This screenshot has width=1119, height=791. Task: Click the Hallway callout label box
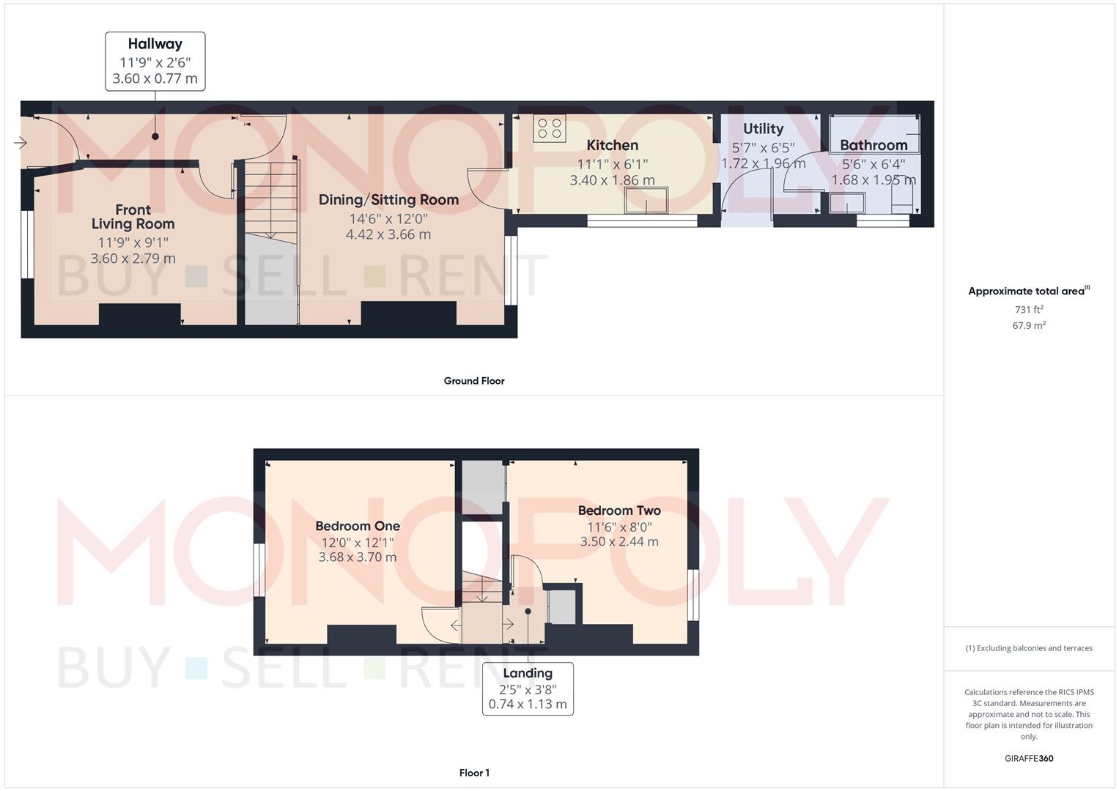click(x=155, y=62)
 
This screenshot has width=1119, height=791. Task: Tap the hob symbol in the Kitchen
click(x=550, y=128)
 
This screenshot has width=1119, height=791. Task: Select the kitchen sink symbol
click(x=646, y=200)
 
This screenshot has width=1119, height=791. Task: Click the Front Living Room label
click(x=133, y=217)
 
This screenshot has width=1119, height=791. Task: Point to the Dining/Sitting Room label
click(x=388, y=200)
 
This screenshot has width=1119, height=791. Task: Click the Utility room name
click(x=764, y=129)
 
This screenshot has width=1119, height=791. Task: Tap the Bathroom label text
click(x=874, y=145)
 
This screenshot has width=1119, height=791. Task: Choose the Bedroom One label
click(x=358, y=526)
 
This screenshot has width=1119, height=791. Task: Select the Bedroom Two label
click(x=619, y=510)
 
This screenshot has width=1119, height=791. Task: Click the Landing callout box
click(x=528, y=688)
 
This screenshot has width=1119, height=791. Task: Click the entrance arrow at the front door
click(x=21, y=144)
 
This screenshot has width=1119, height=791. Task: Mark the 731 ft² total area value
click(x=1029, y=310)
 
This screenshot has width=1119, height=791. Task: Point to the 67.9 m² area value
click(x=1029, y=325)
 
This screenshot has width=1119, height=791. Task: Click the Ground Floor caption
click(x=474, y=381)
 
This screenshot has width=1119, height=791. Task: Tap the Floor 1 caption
click(x=474, y=773)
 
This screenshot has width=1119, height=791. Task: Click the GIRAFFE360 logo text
click(x=1029, y=759)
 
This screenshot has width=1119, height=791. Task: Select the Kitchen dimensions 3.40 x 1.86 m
click(x=613, y=180)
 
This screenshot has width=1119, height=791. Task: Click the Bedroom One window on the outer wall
click(x=259, y=570)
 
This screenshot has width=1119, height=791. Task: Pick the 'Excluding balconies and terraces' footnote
click(x=1029, y=648)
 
